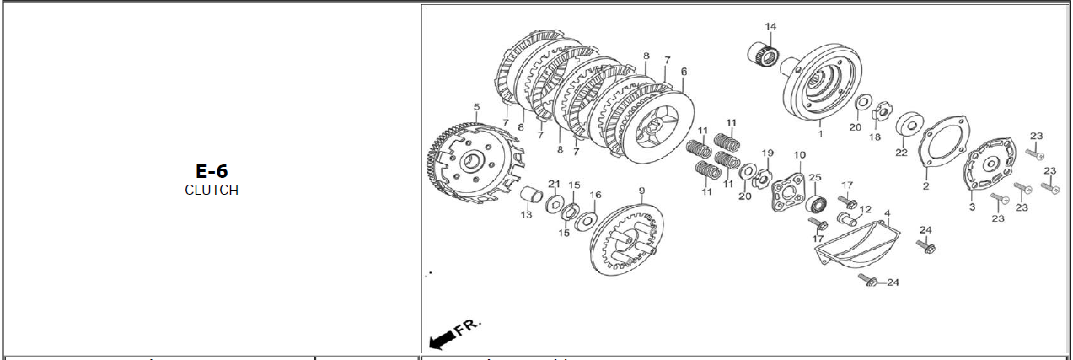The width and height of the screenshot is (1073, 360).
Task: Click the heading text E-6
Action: (x=212, y=171)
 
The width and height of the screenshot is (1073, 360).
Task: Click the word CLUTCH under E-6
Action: (x=212, y=191)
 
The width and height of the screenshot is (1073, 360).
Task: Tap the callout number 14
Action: (x=770, y=26)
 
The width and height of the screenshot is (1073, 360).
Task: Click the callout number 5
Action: (x=476, y=106)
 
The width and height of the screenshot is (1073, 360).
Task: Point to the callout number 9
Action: (x=641, y=191)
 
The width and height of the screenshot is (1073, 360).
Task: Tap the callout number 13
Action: (x=527, y=215)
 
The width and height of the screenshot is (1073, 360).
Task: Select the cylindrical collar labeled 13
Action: (x=532, y=195)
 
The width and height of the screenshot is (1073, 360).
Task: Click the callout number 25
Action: (x=815, y=177)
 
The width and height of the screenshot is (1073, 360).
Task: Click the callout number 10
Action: (x=799, y=155)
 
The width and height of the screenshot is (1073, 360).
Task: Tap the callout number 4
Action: (x=887, y=212)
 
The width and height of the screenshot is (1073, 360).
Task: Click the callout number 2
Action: (x=925, y=186)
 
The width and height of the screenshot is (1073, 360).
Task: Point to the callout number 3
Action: (x=972, y=207)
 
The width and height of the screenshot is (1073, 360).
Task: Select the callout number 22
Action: (x=902, y=153)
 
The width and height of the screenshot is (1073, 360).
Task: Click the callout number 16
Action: (x=595, y=195)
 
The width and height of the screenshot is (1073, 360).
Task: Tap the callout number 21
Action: (x=555, y=184)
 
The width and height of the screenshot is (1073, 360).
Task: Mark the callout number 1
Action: (x=820, y=134)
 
